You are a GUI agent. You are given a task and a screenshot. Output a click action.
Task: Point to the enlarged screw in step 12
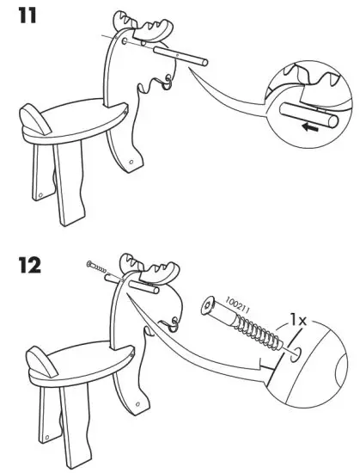click(245, 326)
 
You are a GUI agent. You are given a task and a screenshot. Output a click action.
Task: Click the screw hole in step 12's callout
click(296, 353)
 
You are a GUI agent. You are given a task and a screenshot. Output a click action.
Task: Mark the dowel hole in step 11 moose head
click(126, 40)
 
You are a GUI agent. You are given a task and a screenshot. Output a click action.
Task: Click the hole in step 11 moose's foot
click(129, 161)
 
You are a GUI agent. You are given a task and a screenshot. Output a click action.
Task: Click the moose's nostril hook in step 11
click(168, 83)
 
